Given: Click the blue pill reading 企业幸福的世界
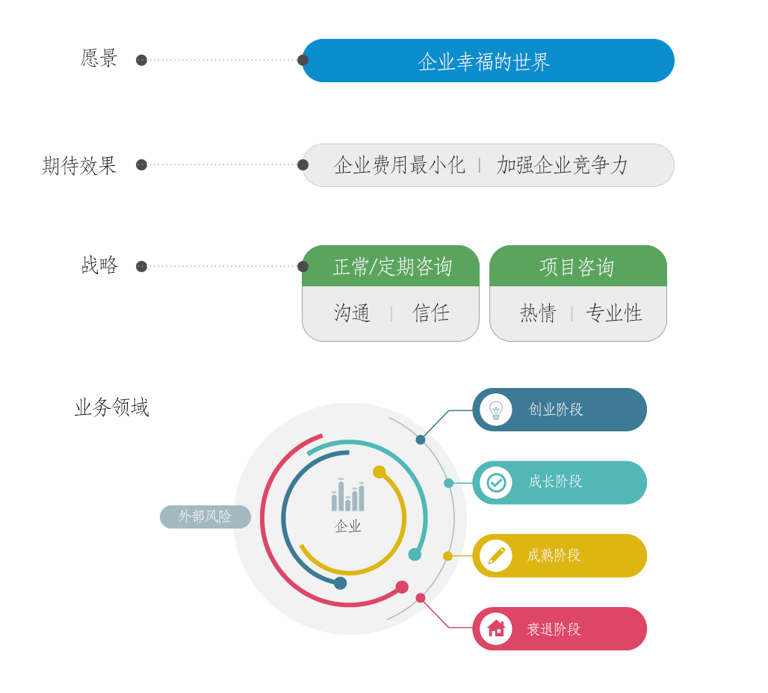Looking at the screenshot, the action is tap(488, 61).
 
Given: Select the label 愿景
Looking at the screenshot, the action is tap(99, 58).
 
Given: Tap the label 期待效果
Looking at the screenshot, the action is tap(79, 165).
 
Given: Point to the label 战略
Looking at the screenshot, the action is tap(99, 265).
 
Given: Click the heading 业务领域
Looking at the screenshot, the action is tap(111, 407).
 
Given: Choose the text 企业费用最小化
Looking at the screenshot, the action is tap(399, 164).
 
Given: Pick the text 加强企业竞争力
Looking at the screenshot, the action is tap(562, 164).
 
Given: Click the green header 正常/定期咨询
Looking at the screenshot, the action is tap(391, 266).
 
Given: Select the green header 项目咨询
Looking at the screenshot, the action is tap(578, 266).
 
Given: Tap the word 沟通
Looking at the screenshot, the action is tap(352, 312).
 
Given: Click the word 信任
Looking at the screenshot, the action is tap(430, 312).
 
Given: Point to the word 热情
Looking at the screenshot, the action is tap(539, 312).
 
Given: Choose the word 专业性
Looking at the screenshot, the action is tap(613, 312).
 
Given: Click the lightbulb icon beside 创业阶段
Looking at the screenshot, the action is tap(495, 410).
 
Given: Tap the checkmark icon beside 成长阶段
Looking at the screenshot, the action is tap(496, 483).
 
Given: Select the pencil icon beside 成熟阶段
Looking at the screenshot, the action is tap(496, 555).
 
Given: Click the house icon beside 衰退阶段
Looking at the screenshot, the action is tap(496, 628).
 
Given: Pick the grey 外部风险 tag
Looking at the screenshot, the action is tap(205, 517).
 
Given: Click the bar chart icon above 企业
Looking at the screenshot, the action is tap(347, 495).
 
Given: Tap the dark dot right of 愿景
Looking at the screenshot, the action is tap(141, 60).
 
